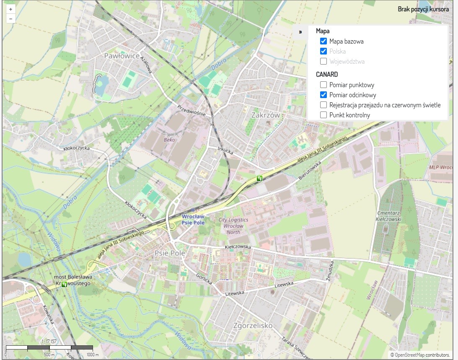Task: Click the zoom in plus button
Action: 10,9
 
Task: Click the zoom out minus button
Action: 10,18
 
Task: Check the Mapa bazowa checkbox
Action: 323,41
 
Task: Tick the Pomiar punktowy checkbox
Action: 323,85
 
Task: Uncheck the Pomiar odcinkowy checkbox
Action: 323,95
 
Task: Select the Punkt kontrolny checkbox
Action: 323,115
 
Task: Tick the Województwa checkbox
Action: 323,61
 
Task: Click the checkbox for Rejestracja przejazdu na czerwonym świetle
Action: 323,105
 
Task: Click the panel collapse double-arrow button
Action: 300,32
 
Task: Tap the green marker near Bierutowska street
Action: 260,179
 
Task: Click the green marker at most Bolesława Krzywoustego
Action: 64,284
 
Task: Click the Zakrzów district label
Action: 265,114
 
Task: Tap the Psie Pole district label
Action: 170,253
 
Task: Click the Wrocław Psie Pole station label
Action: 193,220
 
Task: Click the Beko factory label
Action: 169,140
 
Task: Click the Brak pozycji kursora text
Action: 423,9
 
